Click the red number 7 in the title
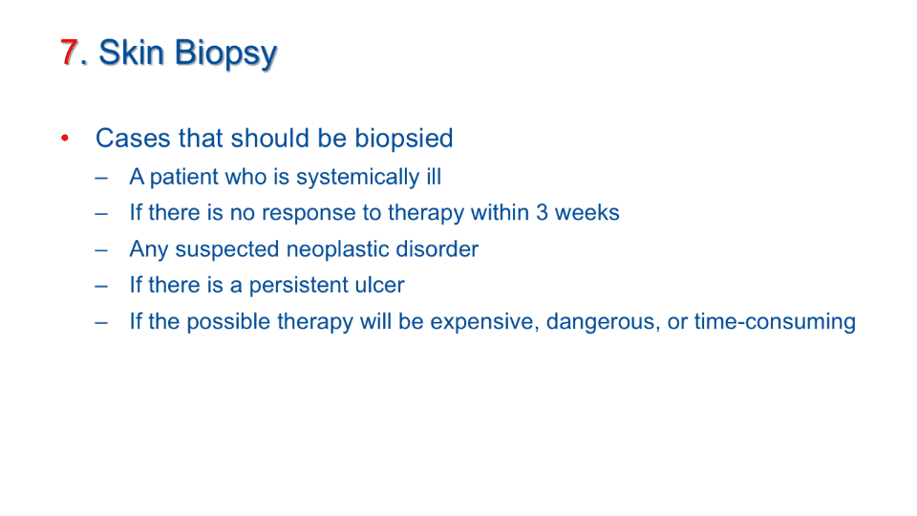pos(69,52)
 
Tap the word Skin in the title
pos(132,52)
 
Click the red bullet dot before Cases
pos(65,138)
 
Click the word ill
pos(434,176)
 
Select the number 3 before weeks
pos(543,212)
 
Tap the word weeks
pos(587,212)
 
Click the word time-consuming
pos(775,322)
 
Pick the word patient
pos(183,178)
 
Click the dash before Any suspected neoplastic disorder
pos(101,250)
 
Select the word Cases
pos(133,139)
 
